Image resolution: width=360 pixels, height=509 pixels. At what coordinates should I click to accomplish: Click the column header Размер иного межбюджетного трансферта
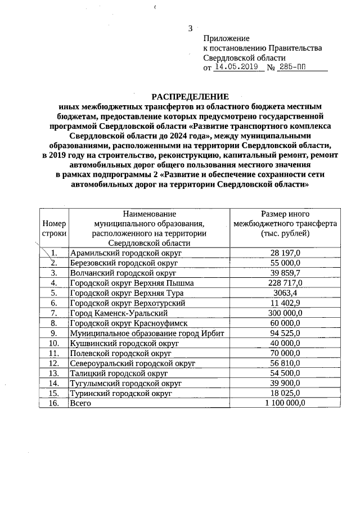[285, 223]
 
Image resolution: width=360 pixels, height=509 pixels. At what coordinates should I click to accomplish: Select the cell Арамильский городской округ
[122, 253]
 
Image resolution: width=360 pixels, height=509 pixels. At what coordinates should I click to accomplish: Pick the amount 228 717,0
[285, 283]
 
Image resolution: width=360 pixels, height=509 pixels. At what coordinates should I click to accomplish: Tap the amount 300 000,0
[285, 313]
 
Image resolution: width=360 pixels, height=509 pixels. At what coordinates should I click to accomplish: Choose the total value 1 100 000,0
[285, 403]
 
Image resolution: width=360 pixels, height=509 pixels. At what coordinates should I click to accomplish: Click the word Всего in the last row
[80, 403]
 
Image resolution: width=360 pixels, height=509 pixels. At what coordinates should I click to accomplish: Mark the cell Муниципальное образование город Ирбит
[147, 333]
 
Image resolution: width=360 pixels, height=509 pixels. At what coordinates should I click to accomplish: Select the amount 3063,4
[285, 293]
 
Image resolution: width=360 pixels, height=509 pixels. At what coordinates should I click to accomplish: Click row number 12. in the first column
[54, 363]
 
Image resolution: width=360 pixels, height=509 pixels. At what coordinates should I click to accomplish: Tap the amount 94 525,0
[285, 333]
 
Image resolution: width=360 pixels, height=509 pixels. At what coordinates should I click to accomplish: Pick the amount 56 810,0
[285, 363]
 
